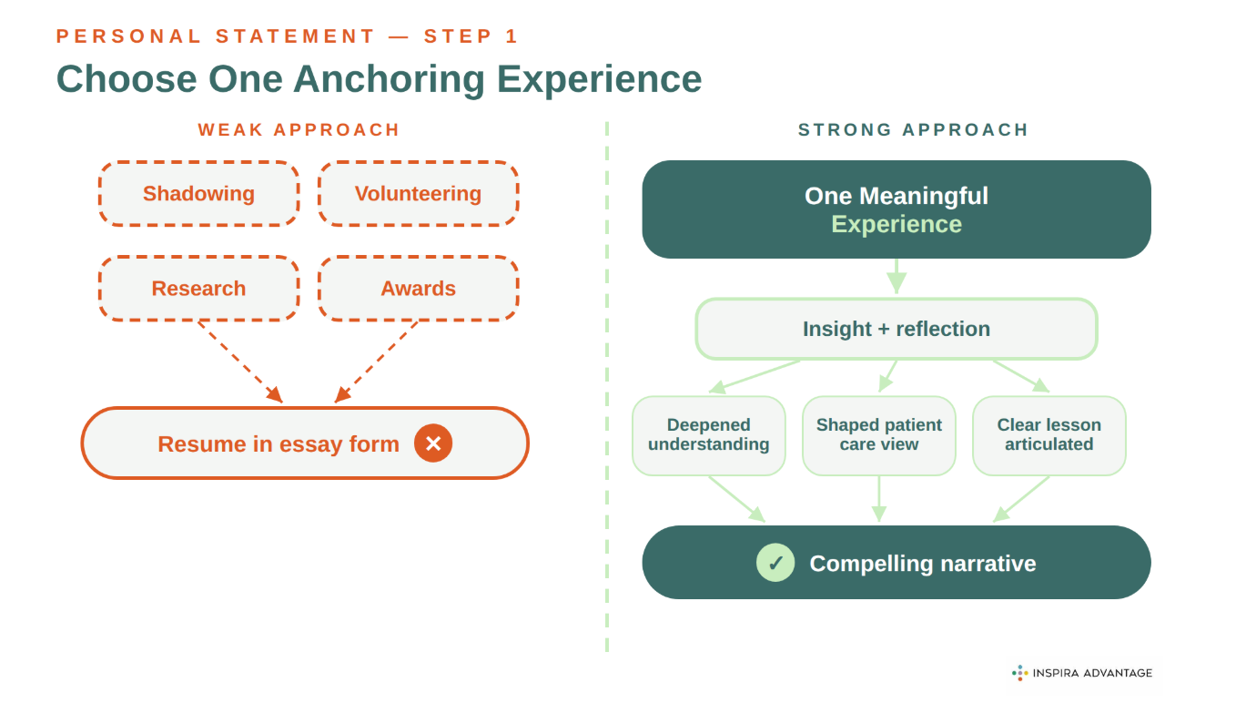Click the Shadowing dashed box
coord(198,194)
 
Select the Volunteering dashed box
coord(418,194)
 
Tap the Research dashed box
coord(198,289)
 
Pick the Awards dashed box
coord(418,289)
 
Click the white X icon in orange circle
coord(433,443)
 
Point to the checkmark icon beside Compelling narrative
coord(775,563)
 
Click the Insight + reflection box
coord(896,329)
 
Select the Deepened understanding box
coord(708,435)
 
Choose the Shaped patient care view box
coord(878,435)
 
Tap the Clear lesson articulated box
coord(1049,435)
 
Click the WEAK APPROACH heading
coord(299,130)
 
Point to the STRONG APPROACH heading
coord(913,130)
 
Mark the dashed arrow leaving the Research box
coord(239,362)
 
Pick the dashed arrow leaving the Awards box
coord(377,362)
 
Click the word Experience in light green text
coord(897,225)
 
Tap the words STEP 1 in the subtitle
coord(471,36)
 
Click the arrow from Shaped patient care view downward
coord(878,499)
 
